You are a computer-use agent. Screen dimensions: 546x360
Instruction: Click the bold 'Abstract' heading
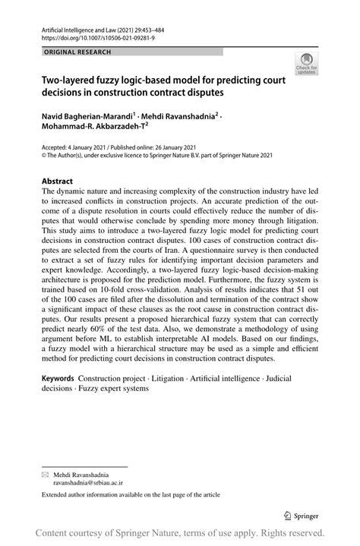(x=58, y=181)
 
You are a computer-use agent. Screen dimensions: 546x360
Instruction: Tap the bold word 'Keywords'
(x=58, y=377)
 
